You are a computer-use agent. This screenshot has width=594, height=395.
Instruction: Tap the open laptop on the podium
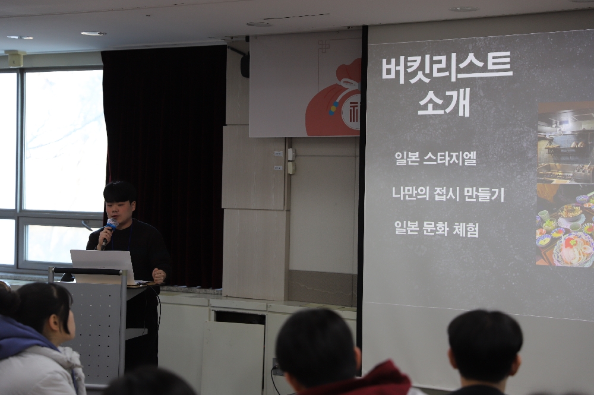click(x=103, y=266)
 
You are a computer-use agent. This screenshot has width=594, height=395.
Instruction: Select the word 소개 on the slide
click(x=444, y=102)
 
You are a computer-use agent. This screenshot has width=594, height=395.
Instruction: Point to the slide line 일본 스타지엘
click(x=435, y=159)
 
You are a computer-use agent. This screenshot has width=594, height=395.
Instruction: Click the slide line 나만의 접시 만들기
click(x=448, y=194)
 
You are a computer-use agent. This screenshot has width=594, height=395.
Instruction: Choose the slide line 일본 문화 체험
click(x=437, y=228)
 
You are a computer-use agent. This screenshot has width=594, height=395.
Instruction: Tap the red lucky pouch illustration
click(x=333, y=100)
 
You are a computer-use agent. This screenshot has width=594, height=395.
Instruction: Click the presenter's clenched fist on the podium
click(x=159, y=274)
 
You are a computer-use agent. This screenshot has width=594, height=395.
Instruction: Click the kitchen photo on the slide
click(x=565, y=143)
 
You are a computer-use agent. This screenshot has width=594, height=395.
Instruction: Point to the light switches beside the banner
click(x=291, y=161)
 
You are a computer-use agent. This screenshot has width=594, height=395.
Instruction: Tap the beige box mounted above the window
click(x=15, y=58)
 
